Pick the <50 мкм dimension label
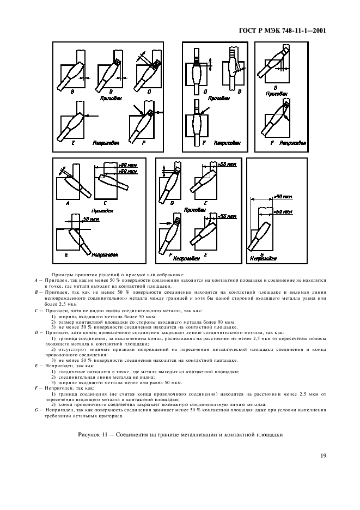(225, 217)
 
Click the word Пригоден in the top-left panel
(111, 99)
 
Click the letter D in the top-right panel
(276, 87)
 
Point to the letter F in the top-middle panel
(203, 142)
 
